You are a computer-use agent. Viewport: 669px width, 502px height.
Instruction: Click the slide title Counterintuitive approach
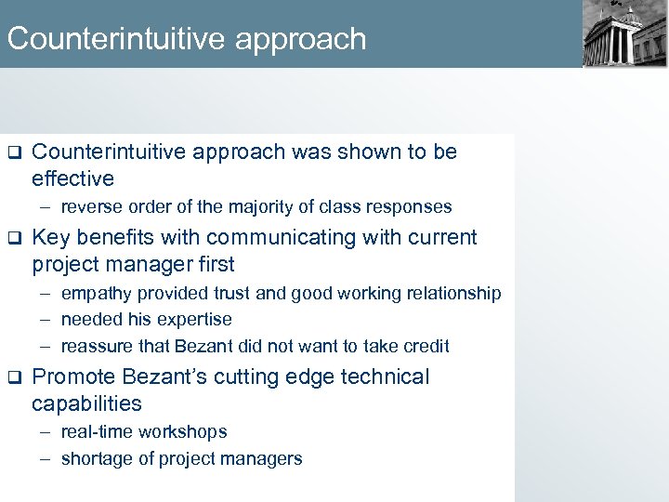[187, 39]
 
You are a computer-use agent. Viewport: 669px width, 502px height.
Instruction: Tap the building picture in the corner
[623, 34]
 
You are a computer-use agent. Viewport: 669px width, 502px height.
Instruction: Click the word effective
[72, 178]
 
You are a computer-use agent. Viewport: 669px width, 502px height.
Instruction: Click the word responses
[413, 207]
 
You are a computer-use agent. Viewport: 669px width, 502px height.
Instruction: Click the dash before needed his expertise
[46, 320]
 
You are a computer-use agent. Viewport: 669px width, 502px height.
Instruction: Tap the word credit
[426, 347]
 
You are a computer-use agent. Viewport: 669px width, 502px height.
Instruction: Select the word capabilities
[86, 404]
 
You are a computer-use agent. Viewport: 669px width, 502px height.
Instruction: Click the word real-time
[96, 432]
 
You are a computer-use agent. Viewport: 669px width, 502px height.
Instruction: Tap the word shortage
[94, 459]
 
